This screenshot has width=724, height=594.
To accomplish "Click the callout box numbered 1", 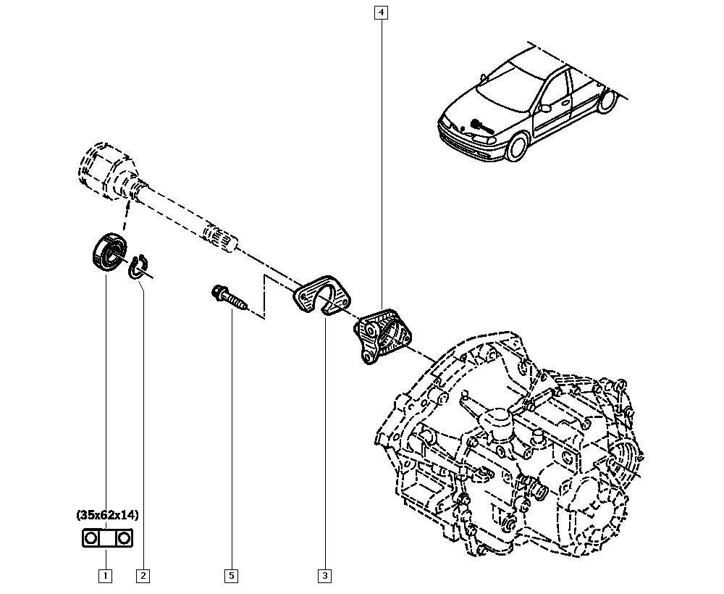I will (x=106, y=576).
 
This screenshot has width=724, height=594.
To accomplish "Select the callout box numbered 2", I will (x=143, y=576).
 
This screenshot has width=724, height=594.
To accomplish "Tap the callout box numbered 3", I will (x=324, y=576).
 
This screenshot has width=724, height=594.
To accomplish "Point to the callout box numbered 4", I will (x=381, y=12).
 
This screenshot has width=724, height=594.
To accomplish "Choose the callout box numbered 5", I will (x=231, y=576).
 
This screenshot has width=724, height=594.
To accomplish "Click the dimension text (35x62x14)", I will (x=107, y=515).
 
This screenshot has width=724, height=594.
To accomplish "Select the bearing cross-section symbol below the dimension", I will (x=106, y=539).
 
